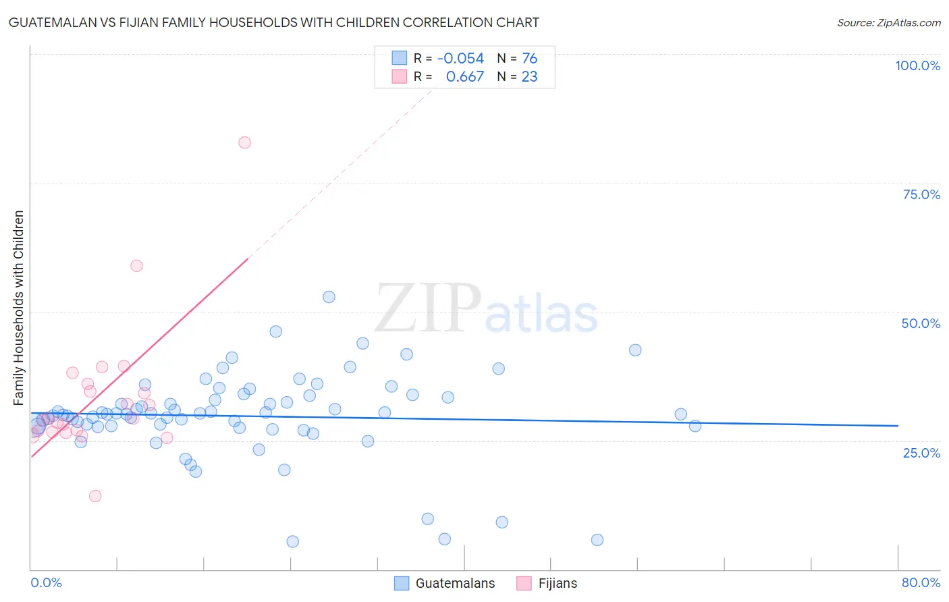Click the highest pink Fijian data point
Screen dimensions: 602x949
244,142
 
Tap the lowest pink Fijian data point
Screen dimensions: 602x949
95,496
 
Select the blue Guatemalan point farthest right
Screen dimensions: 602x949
695,426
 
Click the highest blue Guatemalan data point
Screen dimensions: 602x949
329,297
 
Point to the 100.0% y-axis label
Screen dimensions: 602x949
917,65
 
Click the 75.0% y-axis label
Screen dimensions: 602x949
921,194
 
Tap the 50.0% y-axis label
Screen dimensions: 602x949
921,323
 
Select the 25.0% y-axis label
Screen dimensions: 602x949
921,452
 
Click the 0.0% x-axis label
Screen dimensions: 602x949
46,582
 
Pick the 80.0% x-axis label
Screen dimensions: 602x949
921,582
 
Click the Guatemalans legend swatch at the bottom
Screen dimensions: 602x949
402,583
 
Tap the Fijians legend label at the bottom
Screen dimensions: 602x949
558,583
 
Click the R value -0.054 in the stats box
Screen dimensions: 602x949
460,59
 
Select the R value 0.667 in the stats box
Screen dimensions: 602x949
464,77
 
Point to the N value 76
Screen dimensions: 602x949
529,59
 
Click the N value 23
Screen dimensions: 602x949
529,77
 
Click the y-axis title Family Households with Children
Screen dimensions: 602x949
18,308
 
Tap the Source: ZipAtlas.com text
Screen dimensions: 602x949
888,23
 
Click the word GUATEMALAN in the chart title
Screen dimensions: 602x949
55,22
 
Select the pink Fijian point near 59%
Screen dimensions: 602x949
136,266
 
